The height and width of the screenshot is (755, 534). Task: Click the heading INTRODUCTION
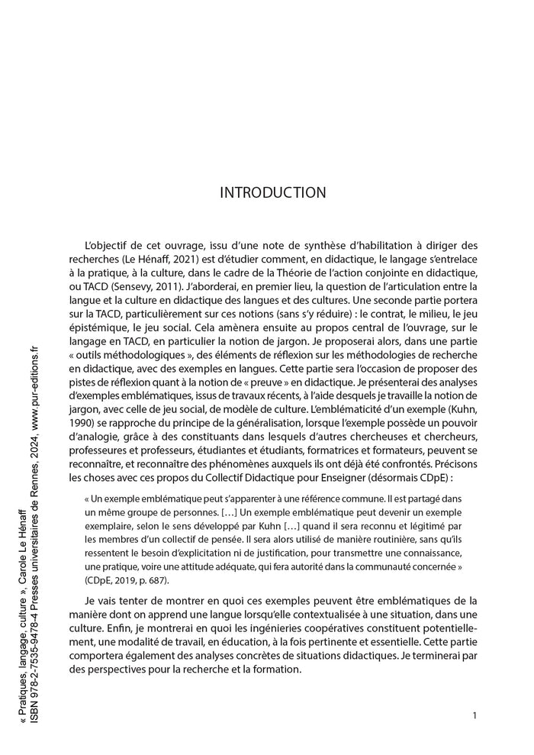point(272,192)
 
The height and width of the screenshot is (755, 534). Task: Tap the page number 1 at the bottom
point(474,715)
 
